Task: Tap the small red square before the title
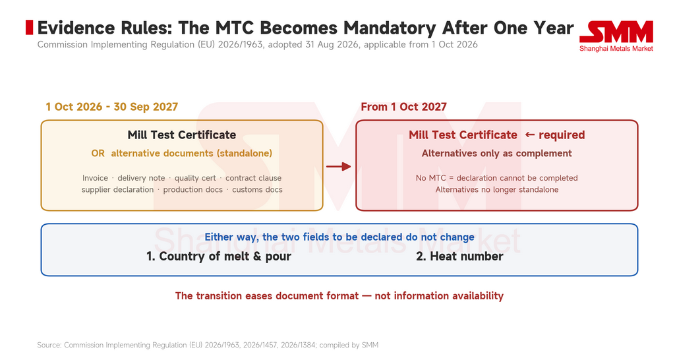pos(29,27)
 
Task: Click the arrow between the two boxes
pos(338,166)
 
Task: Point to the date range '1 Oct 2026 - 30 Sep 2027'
pos(112,107)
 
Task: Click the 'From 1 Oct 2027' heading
pos(404,107)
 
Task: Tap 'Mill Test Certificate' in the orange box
pos(182,135)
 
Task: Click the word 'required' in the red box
pos(562,135)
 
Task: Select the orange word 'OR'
pos(98,154)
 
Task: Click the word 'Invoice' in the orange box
pos(95,178)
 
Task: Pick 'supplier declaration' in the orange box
pos(117,189)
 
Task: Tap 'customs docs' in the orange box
pos(258,189)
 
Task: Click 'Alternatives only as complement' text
pos(497,154)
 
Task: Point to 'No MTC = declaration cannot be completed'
pos(497,178)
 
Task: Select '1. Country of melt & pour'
pos(219,256)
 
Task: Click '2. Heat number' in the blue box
pos(459,256)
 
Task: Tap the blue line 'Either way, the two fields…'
pos(339,237)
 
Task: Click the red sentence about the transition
pos(339,296)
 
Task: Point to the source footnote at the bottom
pos(208,345)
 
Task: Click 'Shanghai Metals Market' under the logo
pos(616,49)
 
